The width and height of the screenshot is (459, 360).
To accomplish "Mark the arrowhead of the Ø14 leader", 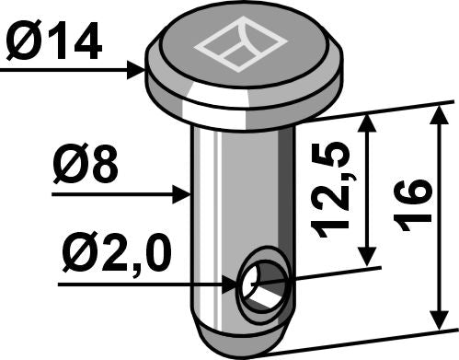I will tap(140, 68).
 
